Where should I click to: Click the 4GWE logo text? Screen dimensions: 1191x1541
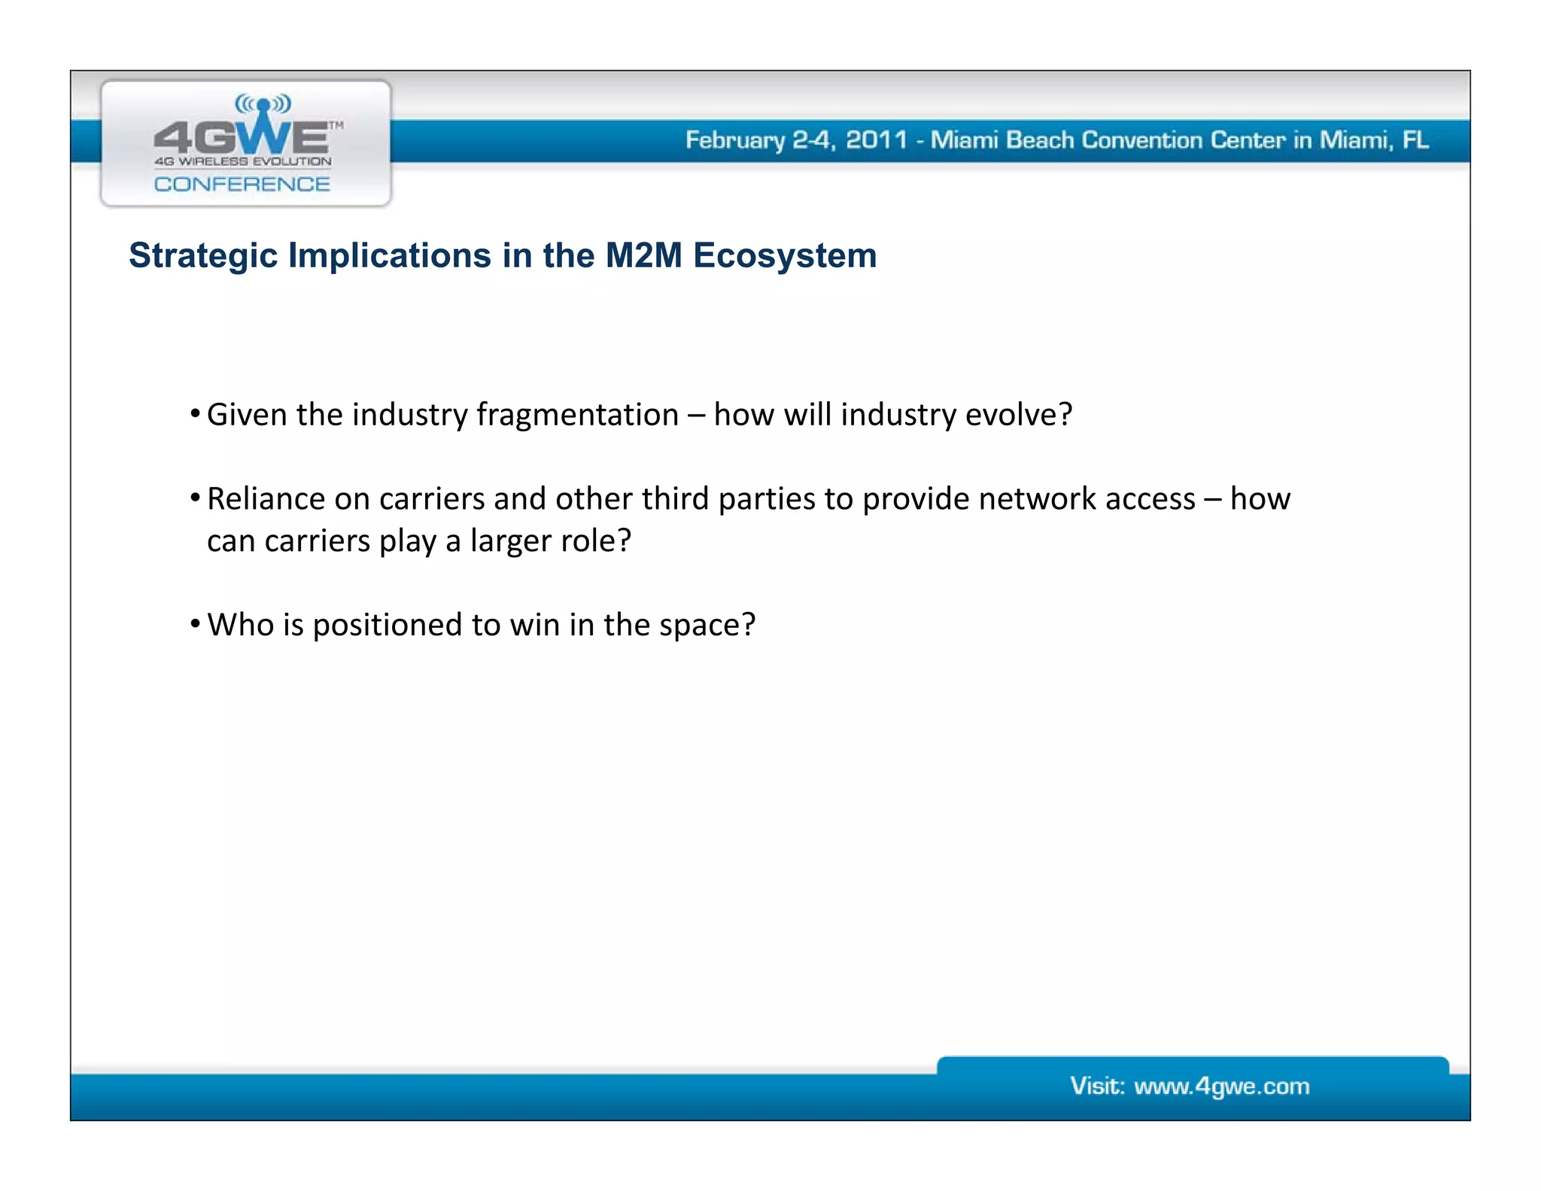click(x=241, y=137)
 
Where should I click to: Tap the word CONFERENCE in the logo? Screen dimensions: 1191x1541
click(x=242, y=184)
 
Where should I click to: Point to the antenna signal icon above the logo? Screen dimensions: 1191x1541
click(x=263, y=103)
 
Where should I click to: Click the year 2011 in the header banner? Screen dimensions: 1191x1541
click(x=876, y=140)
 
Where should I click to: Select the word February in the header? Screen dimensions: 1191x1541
click(x=734, y=141)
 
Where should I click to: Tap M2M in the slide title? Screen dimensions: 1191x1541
click(x=643, y=255)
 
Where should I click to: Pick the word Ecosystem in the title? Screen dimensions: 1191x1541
click(x=785, y=256)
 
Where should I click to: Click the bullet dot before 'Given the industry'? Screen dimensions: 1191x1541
click(x=195, y=413)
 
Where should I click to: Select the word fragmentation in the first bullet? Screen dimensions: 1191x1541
click(x=577, y=415)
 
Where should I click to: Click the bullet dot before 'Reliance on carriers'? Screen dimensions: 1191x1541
click(x=195, y=498)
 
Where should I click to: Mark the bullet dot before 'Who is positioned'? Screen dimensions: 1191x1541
click(x=195, y=623)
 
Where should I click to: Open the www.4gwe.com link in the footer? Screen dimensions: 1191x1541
click(x=1221, y=1086)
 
